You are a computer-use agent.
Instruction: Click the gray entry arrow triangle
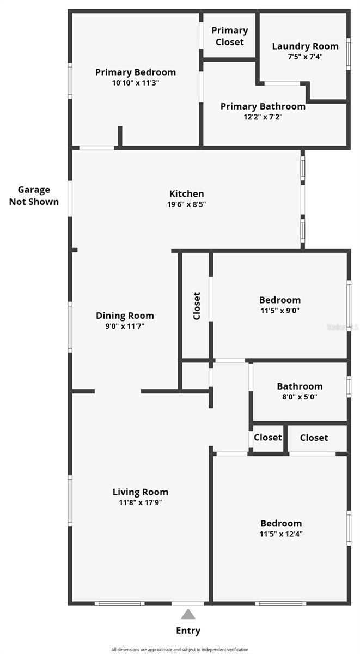pos(188,614)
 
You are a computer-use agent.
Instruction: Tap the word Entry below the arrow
pos(188,631)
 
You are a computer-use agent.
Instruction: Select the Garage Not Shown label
pos(34,196)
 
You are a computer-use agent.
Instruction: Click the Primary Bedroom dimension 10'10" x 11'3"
pos(136,83)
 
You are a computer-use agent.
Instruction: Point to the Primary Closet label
pos(230,36)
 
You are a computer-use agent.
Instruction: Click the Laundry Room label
pos(305,46)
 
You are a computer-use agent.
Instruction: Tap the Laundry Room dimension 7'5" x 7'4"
pos(305,57)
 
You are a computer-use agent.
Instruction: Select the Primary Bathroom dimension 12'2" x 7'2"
pos(263,117)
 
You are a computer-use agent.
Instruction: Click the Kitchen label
pos(186,193)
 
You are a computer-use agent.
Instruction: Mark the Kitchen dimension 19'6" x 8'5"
pos(186,204)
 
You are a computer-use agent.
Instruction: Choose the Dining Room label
pos(125,316)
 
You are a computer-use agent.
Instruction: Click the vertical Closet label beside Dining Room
pos(197,306)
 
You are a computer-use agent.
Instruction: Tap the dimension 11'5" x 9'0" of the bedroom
pos(280,311)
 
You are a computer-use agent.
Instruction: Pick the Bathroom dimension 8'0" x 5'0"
pos(300,397)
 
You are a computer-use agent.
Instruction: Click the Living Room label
pos(141,492)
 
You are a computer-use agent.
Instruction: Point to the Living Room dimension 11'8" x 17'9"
pos(141,502)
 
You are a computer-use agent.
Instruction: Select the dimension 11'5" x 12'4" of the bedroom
pos(281,534)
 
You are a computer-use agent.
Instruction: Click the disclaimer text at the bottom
pos(180,650)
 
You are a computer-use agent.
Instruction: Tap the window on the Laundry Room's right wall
pos(349,54)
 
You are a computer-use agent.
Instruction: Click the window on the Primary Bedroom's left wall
pos(70,81)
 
